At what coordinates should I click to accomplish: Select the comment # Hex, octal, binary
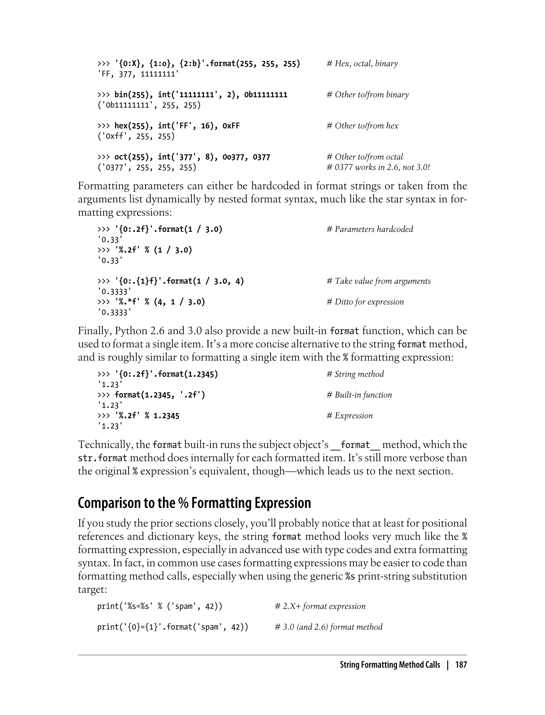[362, 64]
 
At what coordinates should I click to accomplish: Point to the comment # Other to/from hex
[362, 126]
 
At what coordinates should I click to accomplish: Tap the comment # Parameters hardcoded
[370, 229]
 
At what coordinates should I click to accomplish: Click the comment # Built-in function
[359, 395]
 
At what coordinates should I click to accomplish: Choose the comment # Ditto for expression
[365, 302]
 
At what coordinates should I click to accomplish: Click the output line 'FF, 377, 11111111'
[138, 74]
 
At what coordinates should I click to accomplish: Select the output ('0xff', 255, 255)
[136, 136]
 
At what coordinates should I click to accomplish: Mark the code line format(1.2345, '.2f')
[160, 395]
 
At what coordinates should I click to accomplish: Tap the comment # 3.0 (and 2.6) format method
[329, 627]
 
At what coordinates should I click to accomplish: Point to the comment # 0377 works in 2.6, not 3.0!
[378, 167]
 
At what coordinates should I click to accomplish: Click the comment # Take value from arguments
[379, 281]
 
